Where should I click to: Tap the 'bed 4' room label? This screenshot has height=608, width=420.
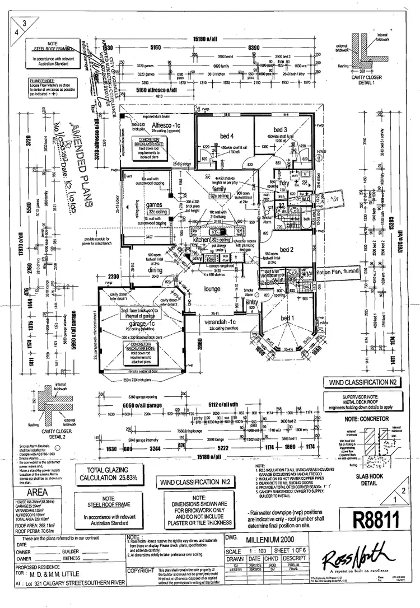point(226,135)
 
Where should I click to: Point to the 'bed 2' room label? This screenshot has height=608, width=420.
point(286,250)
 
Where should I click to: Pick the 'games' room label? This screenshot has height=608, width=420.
point(154,205)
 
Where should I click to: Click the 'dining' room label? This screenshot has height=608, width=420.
point(156,270)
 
